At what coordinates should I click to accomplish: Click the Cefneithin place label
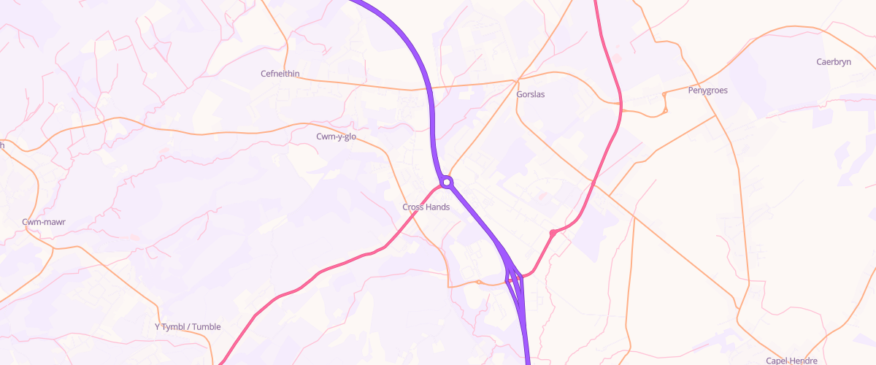click(x=280, y=74)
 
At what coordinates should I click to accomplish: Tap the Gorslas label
click(x=530, y=95)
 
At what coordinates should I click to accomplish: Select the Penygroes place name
click(x=707, y=91)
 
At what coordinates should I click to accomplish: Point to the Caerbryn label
click(x=834, y=62)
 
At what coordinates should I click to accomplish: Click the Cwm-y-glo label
click(x=336, y=137)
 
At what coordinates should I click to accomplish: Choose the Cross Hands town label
click(x=426, y=207)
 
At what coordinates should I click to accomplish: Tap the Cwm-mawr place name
click(x=40, y=221)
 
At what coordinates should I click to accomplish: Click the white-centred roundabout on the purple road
click(x=447, y=182)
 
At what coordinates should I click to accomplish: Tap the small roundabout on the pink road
click(x=553, y=233)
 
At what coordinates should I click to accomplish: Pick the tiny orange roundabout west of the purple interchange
click(x=478, y=281)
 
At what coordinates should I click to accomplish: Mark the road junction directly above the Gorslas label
click(x=518, y=80)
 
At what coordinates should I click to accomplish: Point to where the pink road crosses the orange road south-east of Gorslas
click(x=593, y=185)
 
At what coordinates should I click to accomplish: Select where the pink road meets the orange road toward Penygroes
click(x=620, y=109)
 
